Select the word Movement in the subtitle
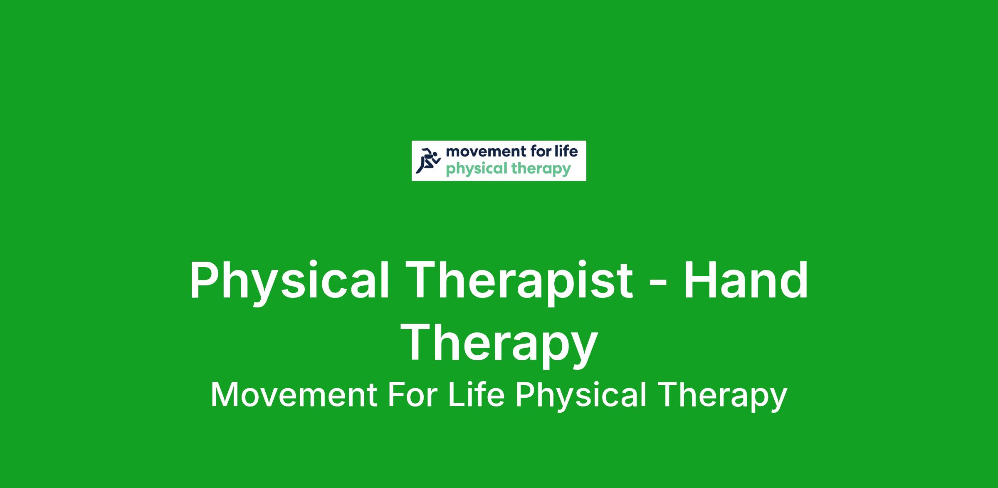tap(294, 395)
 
